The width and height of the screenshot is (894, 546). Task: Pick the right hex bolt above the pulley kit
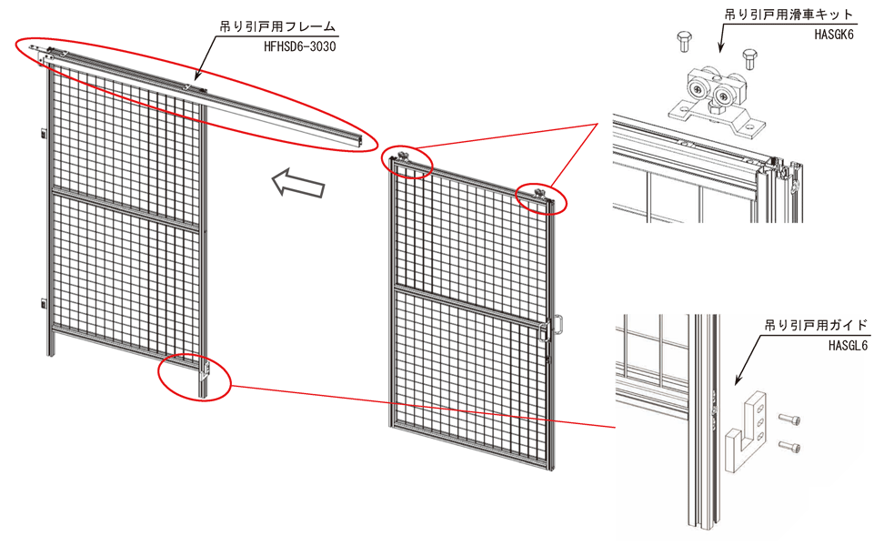point(749,60)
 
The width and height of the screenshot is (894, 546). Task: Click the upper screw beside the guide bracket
point(790,419)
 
